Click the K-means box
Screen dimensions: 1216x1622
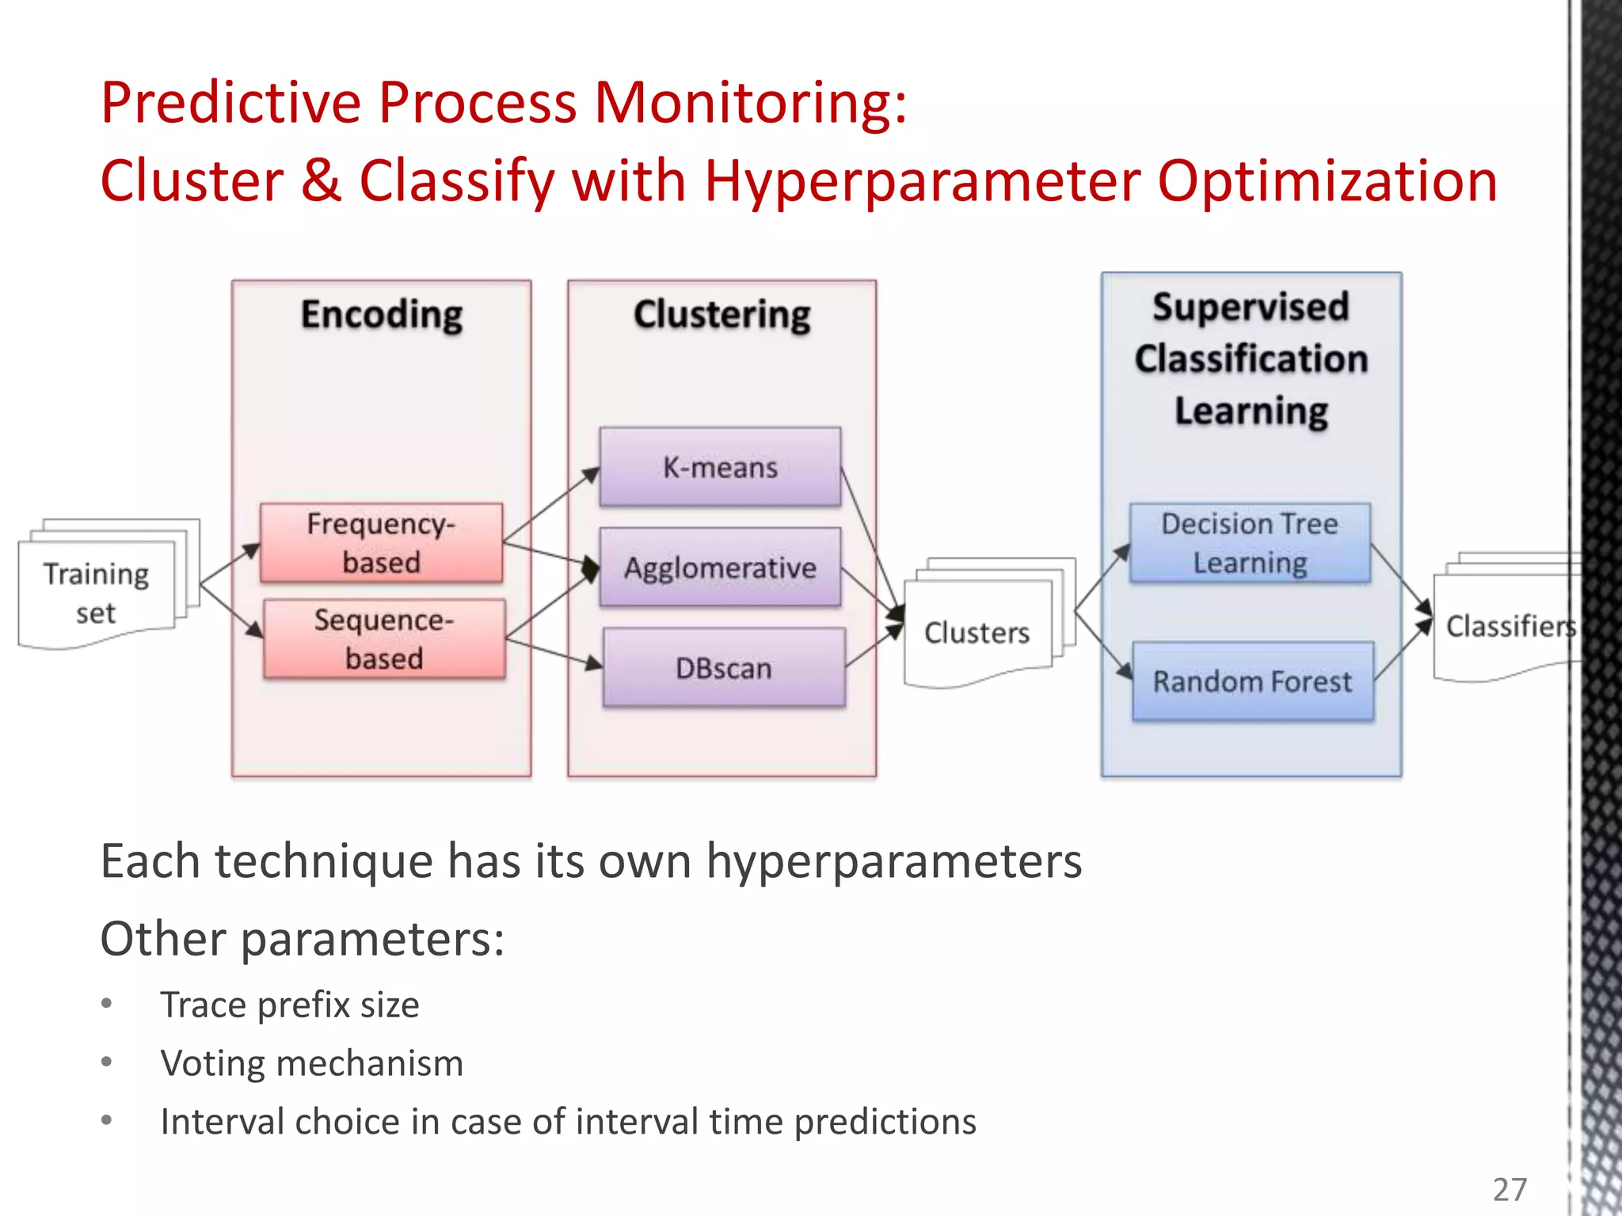tap(720, 467)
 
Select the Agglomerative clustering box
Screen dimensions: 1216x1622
tap(720, 568)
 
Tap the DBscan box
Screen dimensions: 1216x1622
tap(723, 668)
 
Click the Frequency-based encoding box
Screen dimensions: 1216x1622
tap(381, 543)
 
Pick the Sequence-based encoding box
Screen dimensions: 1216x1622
tap(384, 639)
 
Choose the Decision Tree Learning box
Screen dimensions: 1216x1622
tap(1250, 543)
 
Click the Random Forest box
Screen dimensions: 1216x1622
tap(1252, 682)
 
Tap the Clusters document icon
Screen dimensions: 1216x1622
tap(977, 633)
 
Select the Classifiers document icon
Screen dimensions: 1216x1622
tap(1505, 626)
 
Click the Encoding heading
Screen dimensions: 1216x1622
tap(382, 314)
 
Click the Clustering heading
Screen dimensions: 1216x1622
tap(722, 314)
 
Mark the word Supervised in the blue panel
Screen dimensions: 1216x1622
tap(1251, 307)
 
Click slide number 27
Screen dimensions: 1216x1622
tap(1509, 1189)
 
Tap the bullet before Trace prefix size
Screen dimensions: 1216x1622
tap(107, 1004)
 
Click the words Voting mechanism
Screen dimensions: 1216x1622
tap(311, 1063)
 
